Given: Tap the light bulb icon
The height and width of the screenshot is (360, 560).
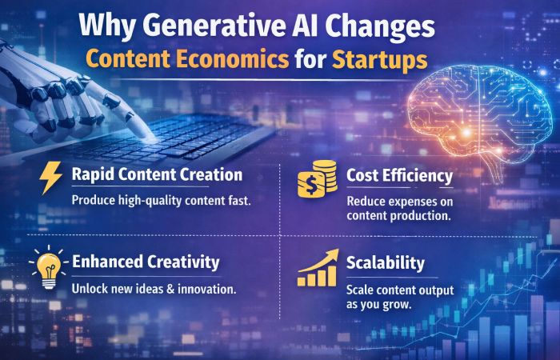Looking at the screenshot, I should click(48, 266).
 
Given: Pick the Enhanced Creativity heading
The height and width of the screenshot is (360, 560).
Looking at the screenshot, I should click(146, 261).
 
